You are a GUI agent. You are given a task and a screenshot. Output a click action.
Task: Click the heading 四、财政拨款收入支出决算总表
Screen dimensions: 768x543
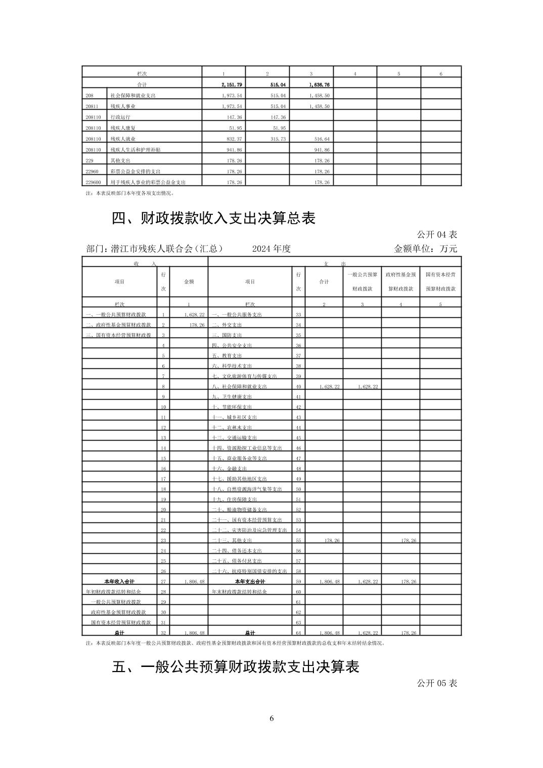click(213, 218)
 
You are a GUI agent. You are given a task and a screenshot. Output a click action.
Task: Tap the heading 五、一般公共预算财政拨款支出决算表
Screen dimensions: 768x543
click(235, 667)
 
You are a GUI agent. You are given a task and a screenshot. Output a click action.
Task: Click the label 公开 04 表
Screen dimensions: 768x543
click(437, 234)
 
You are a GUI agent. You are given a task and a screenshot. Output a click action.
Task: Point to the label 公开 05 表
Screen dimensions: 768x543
click(437, 683)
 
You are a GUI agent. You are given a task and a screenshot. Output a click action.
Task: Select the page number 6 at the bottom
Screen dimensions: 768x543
click(271, 718)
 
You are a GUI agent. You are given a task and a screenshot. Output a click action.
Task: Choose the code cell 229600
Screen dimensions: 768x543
click(94, 182)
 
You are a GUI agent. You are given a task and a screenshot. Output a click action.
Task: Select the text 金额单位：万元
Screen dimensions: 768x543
click(425, 249)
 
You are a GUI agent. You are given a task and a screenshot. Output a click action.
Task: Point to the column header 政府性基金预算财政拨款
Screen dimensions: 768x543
click(400, 281)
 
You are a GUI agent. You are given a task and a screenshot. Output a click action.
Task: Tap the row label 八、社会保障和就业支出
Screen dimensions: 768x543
click(239, 387)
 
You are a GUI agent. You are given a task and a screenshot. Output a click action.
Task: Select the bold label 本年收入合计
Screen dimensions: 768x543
click(119, 582)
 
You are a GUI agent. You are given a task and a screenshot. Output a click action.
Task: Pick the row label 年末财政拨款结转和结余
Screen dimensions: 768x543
click(239, 592)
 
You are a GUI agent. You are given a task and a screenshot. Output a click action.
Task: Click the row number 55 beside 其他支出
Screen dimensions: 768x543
click(298, 541)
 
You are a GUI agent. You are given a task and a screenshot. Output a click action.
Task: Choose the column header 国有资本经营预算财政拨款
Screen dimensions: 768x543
click(440, 281)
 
